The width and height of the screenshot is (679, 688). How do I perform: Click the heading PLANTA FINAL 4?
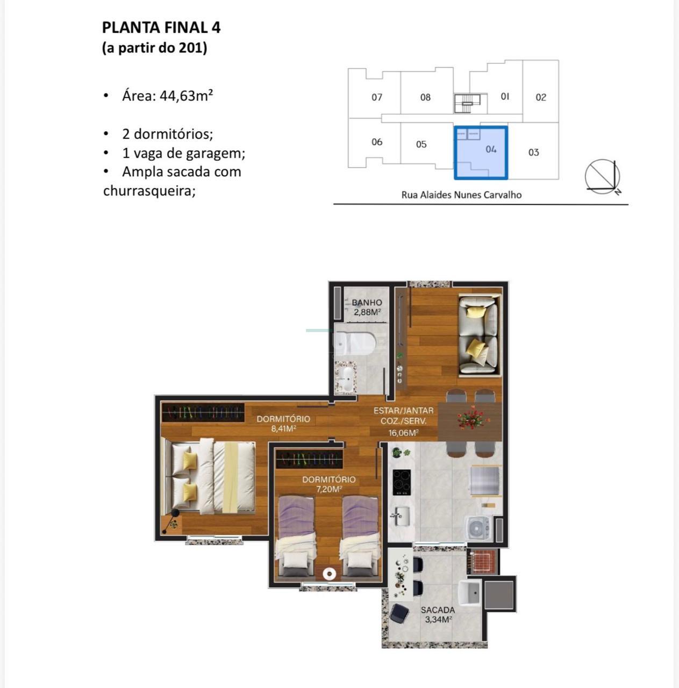161,28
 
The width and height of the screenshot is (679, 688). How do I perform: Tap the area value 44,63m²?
185,96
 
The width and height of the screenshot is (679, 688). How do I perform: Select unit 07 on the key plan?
377,97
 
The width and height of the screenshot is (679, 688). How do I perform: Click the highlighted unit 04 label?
491,149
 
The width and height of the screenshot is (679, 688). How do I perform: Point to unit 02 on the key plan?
541,97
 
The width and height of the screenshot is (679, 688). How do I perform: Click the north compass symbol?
603,177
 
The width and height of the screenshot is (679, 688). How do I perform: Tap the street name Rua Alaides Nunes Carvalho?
461,195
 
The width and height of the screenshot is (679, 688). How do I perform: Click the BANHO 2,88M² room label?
367,307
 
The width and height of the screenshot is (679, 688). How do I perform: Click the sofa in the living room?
478,336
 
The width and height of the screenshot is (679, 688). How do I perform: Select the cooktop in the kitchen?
402,482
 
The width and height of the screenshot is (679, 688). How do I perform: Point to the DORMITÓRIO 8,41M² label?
283,424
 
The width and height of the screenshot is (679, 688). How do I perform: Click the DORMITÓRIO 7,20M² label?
329,484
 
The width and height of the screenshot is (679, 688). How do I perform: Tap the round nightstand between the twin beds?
330,574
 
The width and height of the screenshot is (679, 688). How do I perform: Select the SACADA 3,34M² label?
438,614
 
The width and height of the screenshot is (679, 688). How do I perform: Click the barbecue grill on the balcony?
482,561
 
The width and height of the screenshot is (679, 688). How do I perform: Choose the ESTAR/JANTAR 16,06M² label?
404,421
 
